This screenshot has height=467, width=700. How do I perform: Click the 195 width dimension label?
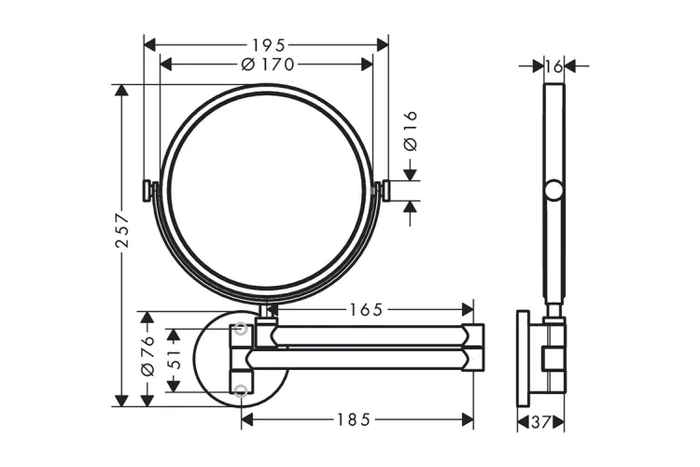click(x=267, y=44)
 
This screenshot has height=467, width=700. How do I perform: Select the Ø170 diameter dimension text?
click(x=267, y=64)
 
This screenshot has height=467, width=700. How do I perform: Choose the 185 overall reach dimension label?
click(x=353, y=419)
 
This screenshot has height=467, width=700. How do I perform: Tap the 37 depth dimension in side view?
click(x=542, y=422)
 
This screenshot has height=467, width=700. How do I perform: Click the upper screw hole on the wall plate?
click(x=242, y=329)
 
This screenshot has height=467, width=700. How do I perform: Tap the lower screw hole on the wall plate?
click(x=242, y=389)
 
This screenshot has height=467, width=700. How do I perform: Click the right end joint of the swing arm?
click(x=474, y=346)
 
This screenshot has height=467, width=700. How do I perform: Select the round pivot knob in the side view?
click(x=554, y=192)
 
